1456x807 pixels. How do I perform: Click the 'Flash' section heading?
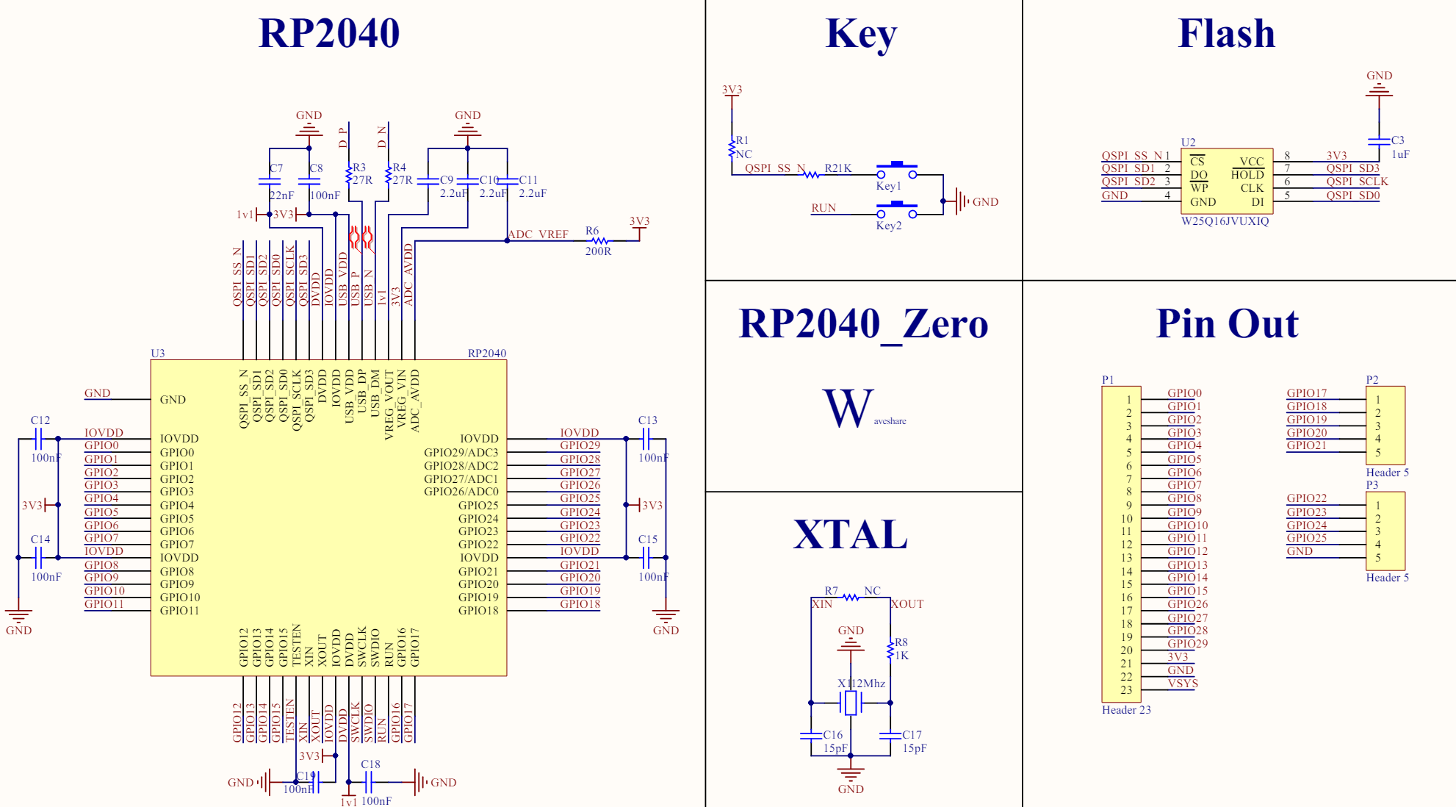click(x=1226, y=33)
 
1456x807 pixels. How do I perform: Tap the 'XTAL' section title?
click(x=850, y=534)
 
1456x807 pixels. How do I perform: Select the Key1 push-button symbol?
click(x=896, y=170)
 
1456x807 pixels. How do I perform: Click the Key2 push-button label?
click(x=888, y=226)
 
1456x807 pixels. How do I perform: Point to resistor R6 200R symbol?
click(x=599, y=240)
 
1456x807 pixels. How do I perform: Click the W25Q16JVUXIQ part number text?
click(x=1225, y=221)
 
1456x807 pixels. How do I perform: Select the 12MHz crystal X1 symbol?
click(x=851, y=703)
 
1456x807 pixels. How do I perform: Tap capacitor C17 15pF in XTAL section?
click(x=890, y=735)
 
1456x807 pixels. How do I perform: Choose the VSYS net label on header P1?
click(x=1183, y=684)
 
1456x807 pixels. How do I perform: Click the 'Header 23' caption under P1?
click(x=1126, y=710)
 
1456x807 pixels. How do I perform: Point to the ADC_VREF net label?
click(x=538, y=234)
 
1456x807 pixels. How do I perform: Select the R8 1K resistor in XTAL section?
click(x=890, y=650)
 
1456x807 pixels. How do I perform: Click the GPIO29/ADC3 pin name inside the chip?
click(x=461, y=453)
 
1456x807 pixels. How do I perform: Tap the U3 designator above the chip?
click(x=157, y=354)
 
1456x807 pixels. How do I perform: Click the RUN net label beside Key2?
click(x=823, y=208)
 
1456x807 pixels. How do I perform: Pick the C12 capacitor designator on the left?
click(x=40, y=420)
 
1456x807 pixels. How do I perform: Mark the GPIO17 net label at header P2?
click(x=1306, y=393)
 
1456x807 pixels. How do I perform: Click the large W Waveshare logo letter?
click(x=848, y=409)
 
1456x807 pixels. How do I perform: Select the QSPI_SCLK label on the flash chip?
click(x=1357, y=182)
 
